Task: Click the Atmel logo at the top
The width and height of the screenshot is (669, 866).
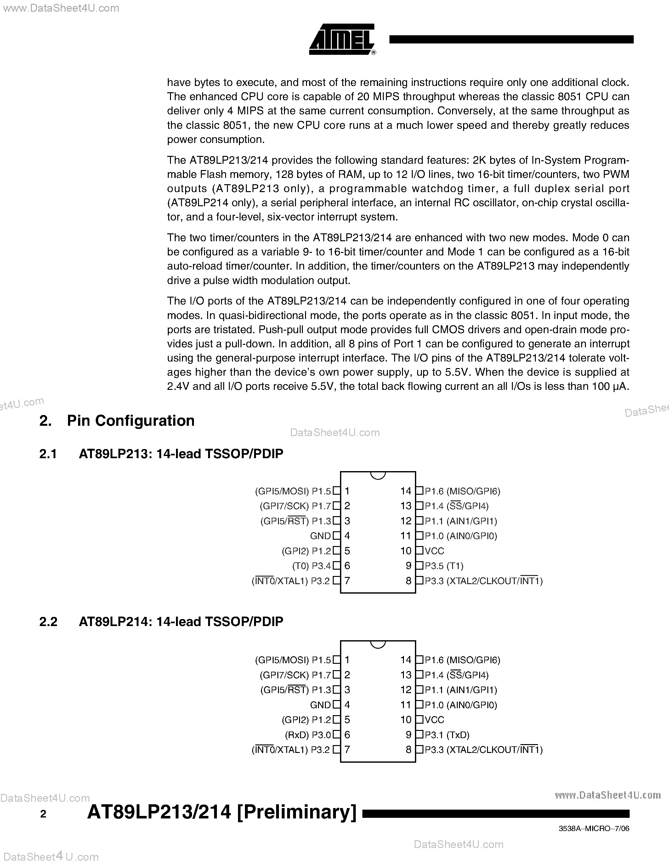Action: click(x=342, y=39)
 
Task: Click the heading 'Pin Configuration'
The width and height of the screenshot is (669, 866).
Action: click(x=130, y=421)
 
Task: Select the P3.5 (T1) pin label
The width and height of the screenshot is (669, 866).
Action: click(x=444, y=566)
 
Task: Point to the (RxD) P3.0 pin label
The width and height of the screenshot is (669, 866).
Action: click(x=308, y=735)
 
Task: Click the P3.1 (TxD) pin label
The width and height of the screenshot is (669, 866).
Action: click(x=447, y=735)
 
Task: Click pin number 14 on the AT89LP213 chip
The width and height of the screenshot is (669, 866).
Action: click(x=406, y=491)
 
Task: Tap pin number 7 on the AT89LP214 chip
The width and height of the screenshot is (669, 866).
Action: click(x=347, y=749)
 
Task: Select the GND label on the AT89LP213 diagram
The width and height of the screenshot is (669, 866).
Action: click(x=320, y=536)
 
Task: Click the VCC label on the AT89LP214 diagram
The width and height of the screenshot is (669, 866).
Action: click(x=434, y=720)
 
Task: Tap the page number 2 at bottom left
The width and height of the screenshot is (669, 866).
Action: click(x=43, y=814)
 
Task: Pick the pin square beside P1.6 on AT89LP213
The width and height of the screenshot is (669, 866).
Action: click(x=419, y=491)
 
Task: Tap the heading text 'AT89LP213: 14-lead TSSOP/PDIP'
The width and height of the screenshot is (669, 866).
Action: click(x=181, y=453)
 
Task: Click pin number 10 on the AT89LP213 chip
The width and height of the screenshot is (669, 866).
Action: click(x=406, y=551)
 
